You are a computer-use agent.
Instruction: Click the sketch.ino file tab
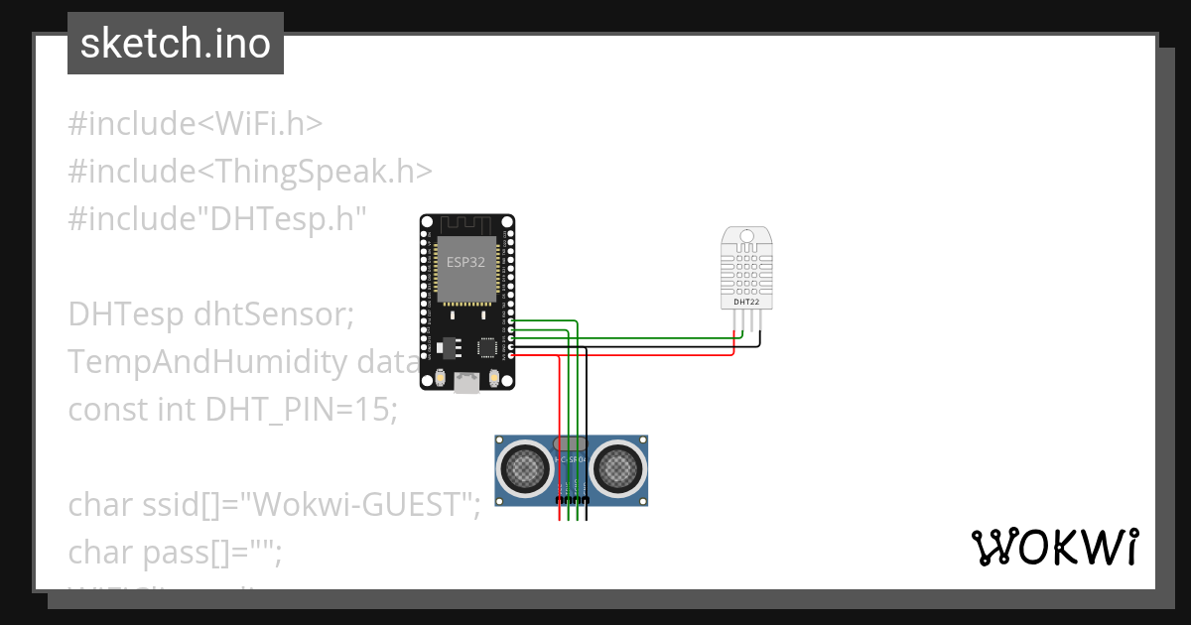176,44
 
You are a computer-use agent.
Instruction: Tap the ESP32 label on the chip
465,263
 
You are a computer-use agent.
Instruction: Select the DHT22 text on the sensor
746,301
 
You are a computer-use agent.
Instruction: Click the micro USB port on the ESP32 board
465,382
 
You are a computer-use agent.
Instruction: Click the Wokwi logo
1054,547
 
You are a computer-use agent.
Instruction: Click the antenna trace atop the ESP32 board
465,223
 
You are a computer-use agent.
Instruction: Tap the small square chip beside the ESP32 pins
488,347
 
